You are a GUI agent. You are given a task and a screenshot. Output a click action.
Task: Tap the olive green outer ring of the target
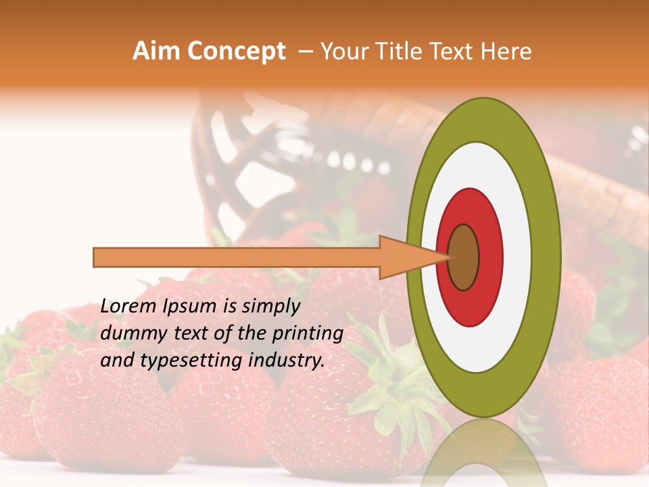pyautogui.click(x=548, y=257)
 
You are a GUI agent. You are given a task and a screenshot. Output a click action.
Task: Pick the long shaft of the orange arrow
pyautogui.click(x=237, y=257)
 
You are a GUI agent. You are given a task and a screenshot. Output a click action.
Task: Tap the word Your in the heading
pyautogui.click(x=343, y=51)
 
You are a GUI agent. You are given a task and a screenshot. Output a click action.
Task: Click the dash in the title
pyautogui.click(x=305, y=51)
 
